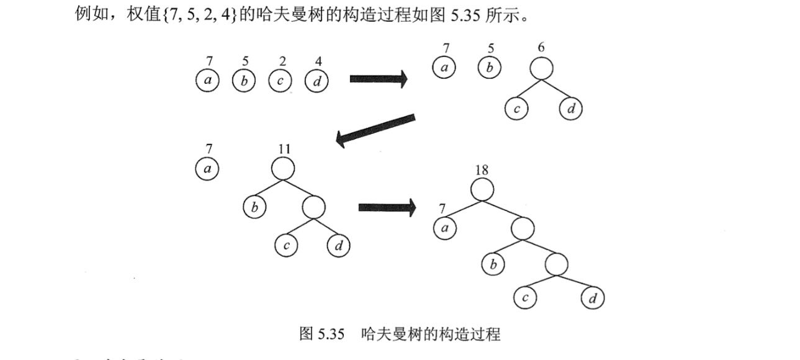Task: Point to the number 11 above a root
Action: coord(284,149)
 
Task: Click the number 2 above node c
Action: coord(282,61)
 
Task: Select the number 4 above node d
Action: coord(318,61)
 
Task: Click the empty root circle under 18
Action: coord(483,190)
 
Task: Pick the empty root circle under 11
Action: coord(283,168)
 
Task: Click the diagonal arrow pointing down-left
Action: coord(375,129)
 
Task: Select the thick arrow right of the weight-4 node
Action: coord(378,79)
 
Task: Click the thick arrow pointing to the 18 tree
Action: coord(387,207)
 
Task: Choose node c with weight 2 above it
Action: coord(281,81)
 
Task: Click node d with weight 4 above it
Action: coord(317,81)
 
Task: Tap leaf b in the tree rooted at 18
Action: coord(494,265)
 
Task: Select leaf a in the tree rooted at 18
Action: coord(444,228)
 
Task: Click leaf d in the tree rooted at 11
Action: coord(339,246)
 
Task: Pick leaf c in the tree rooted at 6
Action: coord(516,109)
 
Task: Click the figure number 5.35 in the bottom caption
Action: coord(330,335)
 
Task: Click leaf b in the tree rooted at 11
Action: coord(254,207)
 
